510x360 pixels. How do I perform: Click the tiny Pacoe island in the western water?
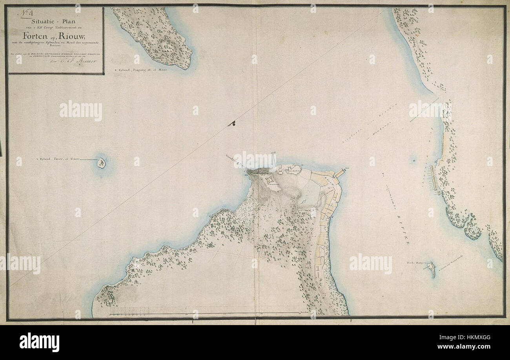[x=102, y=163]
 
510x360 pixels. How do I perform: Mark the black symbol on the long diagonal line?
[x=231, y=124]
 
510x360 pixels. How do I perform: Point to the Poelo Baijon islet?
[x=432, y=270]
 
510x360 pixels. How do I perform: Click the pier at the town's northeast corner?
[x=340, y=172]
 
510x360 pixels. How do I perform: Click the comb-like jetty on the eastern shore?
[x=434, y=178]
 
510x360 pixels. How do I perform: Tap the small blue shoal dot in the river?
[x=414, y=161]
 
